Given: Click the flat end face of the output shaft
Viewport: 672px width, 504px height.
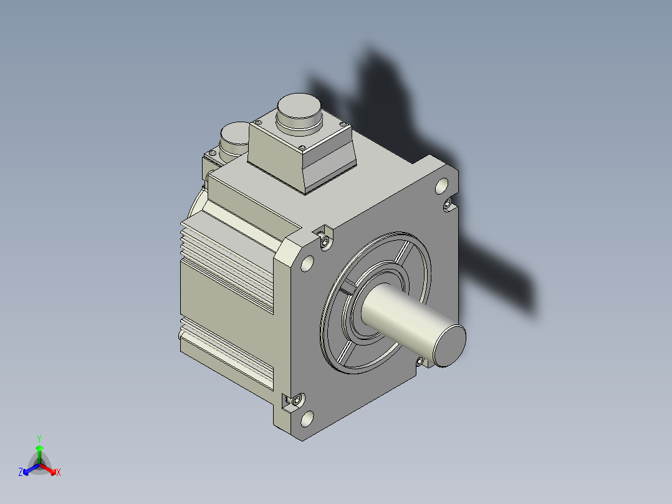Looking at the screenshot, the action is [x=449, y=346].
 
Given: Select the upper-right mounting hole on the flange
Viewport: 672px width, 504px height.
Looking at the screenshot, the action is [x=441, y=186].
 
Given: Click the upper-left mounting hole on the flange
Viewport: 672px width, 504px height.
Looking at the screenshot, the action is [x=307, y=263].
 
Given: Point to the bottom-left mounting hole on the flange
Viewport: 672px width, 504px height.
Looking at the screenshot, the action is [x=307, y=419].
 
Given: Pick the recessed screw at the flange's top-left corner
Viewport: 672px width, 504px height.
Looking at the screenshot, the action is [x=325, y=243].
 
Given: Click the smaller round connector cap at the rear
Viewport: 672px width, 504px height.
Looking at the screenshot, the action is [x=234, y=138].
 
